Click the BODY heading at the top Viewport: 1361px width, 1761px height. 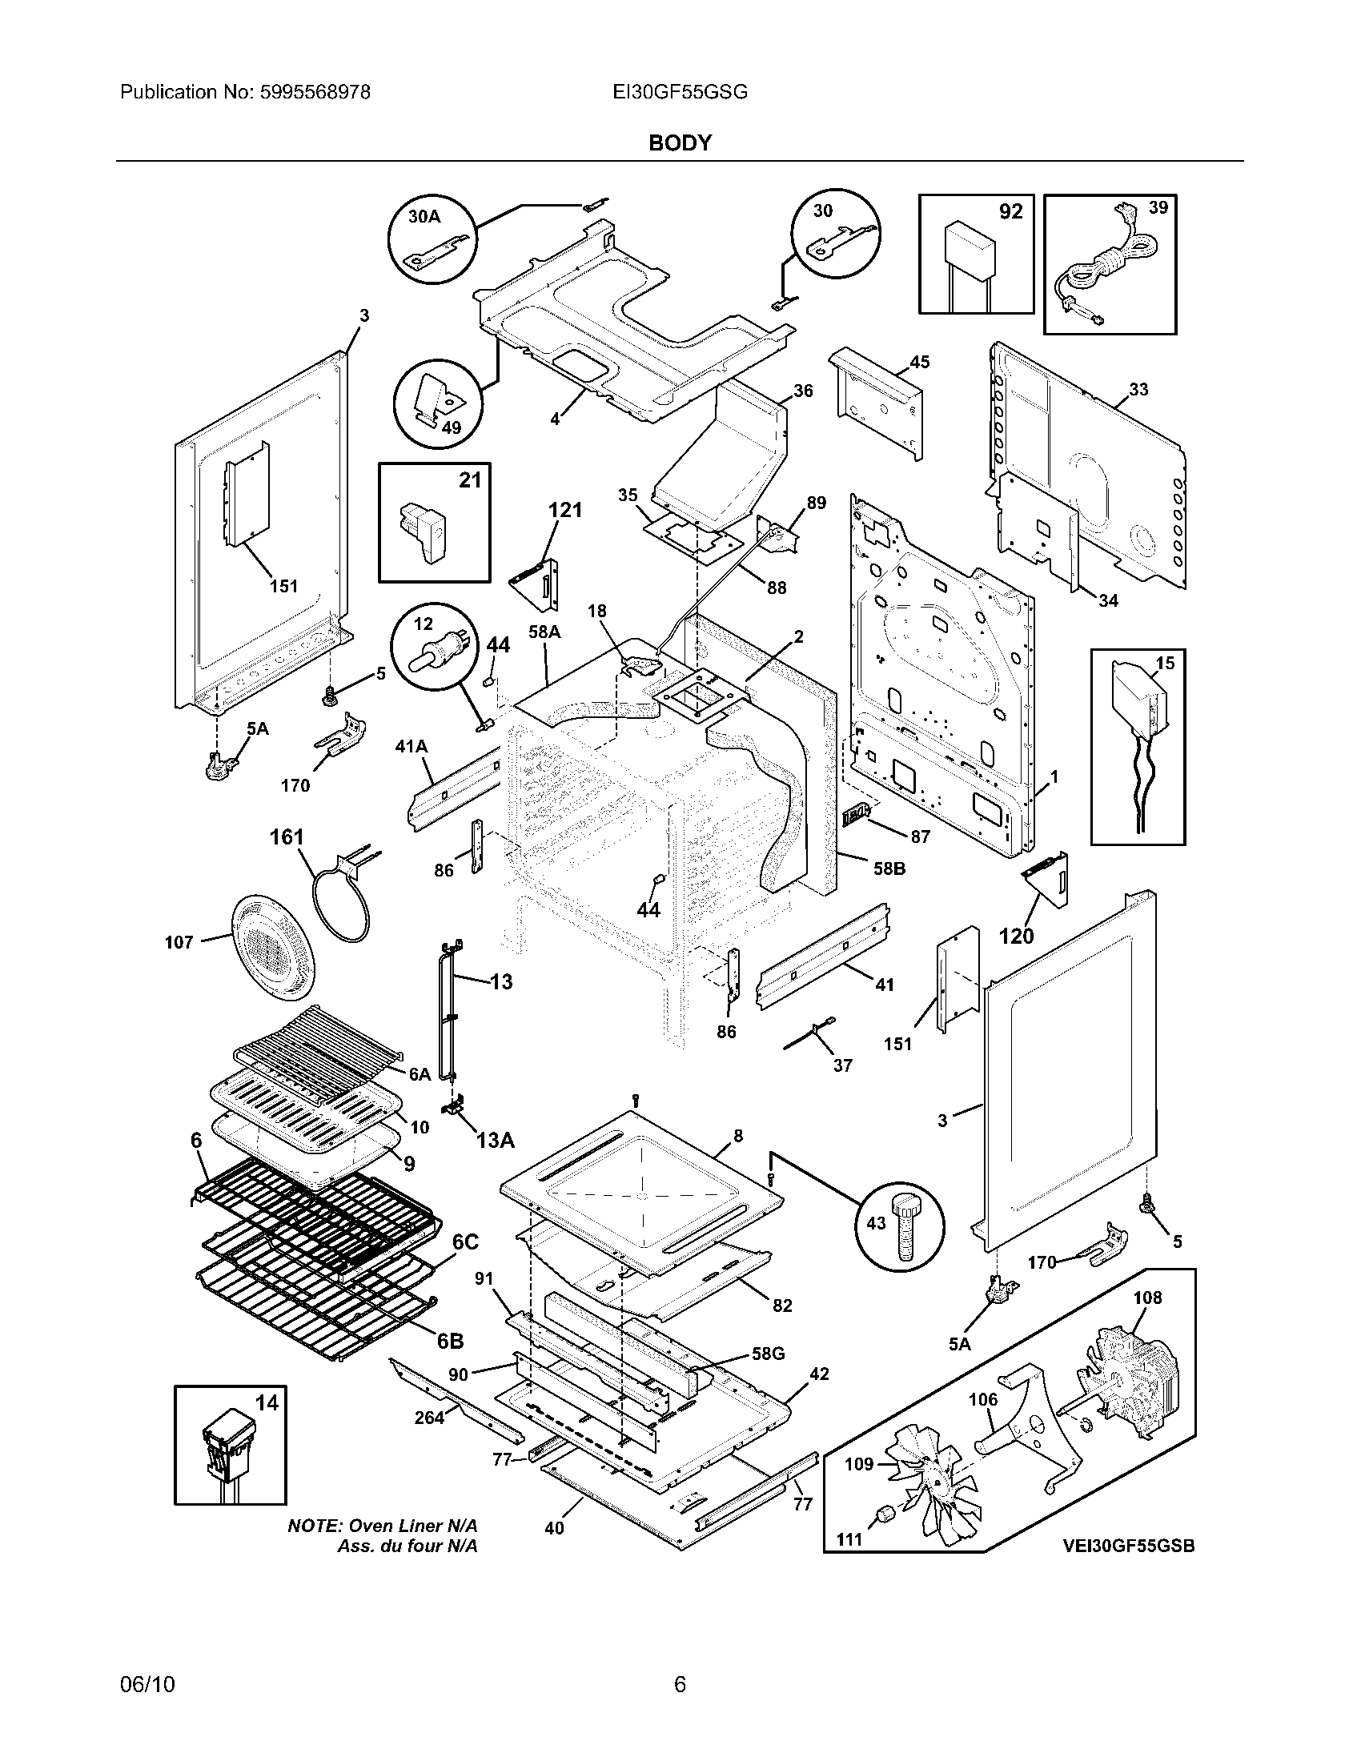click(x=680, y=142)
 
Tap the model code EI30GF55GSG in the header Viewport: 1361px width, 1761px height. click(x=680, y=92)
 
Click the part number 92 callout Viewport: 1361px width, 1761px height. click(x=1010, y=211)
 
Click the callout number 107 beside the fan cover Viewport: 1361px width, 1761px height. click(x=179, y=942)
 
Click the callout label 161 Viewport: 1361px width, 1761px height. click(x=287, y=838)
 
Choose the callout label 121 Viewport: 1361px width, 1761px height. click(x=564, y=510)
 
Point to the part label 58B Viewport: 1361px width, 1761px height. click(x=889, y=869)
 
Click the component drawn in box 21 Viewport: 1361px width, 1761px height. click(x=423, y=532)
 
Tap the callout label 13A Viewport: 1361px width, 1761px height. click(x=495, y=1139)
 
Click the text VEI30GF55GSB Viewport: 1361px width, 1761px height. click(x=1128, y=1546)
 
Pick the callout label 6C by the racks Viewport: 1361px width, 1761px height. click(x=466, y=1242)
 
